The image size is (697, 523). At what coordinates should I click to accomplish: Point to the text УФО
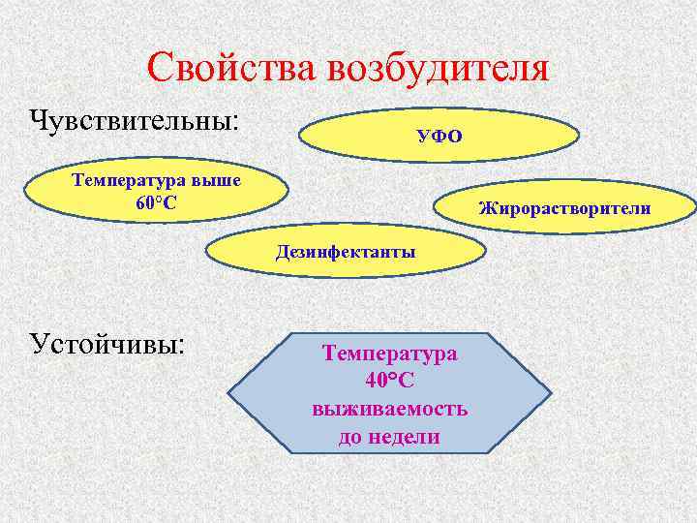coord(439,136)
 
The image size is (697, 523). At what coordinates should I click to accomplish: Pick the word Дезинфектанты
coord(346,253)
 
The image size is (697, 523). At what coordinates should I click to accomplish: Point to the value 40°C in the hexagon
coord(390,381)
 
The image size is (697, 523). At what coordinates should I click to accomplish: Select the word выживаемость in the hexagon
coord(390,409)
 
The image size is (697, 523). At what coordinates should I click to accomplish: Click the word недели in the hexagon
coord(403,437)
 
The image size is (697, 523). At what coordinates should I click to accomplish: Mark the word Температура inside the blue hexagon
coord(390,354)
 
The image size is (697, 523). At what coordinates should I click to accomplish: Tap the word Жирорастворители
coord(564,208)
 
